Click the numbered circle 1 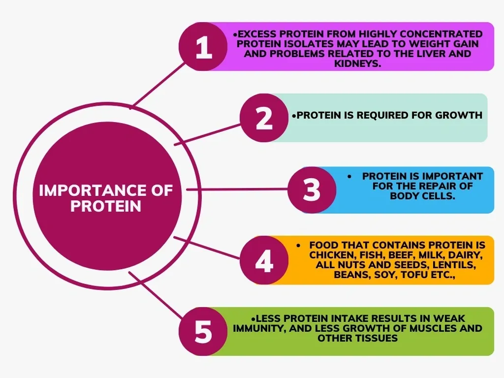coord(204,48)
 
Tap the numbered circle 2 coord(264,118)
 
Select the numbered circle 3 coord(311,190)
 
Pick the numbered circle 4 coord(264,261)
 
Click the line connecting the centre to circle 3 coord(236,189)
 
